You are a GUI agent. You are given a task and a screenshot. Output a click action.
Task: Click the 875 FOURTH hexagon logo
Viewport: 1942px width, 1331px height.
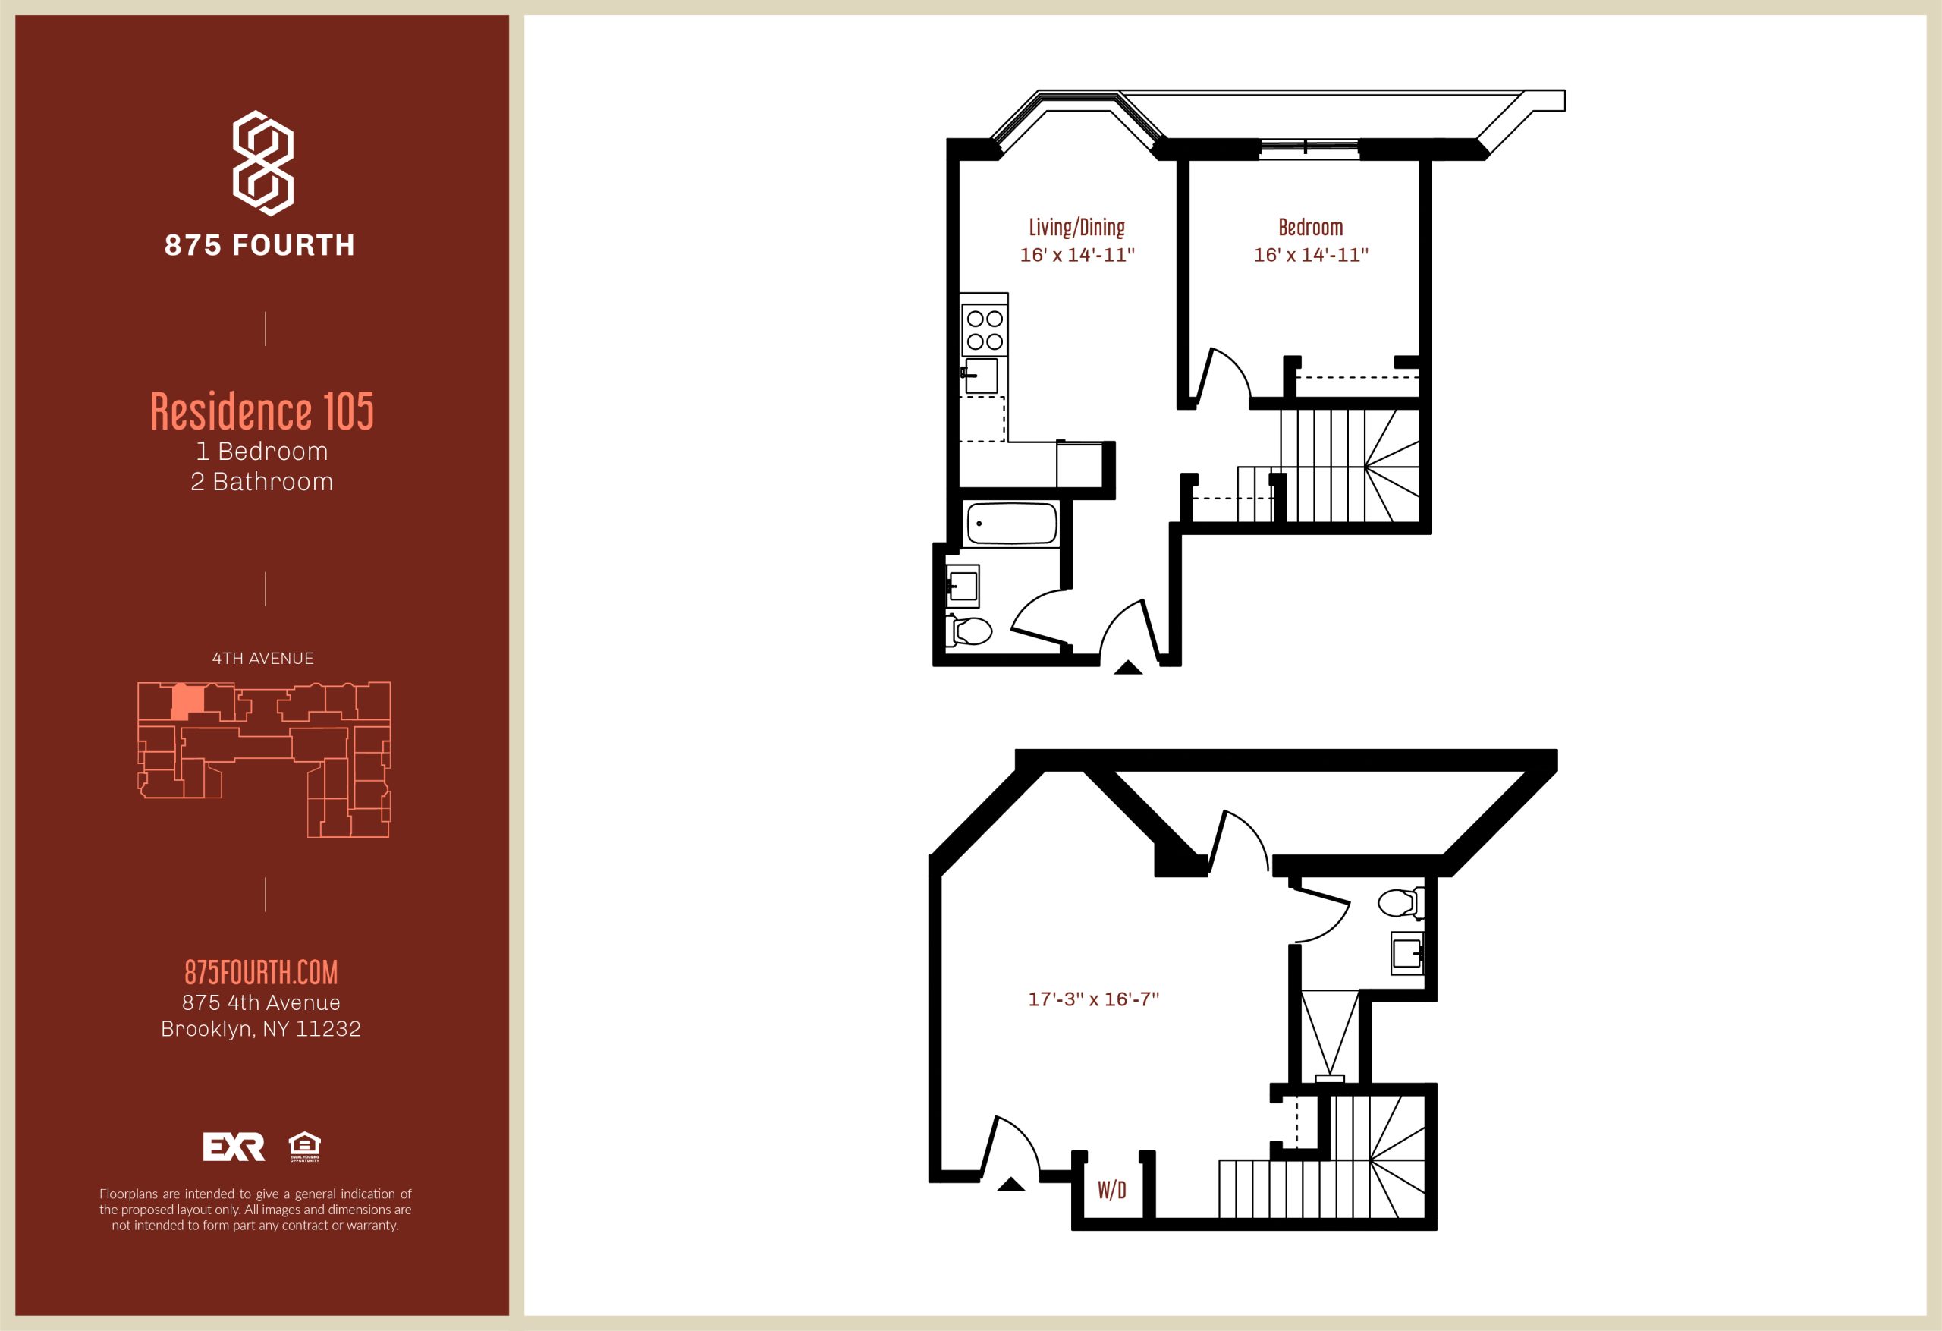[x=262, y=164]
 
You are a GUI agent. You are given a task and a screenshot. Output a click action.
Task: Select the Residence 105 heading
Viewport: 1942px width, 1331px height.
[x=262, y=411]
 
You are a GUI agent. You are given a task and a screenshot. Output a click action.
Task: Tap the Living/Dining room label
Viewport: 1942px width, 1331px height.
[x=1076, y=227]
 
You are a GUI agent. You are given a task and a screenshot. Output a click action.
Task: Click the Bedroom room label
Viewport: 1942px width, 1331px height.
[x=1310, y=227]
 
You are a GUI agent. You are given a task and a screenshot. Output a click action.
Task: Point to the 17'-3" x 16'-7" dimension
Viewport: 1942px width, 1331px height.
[x=1093, y=999]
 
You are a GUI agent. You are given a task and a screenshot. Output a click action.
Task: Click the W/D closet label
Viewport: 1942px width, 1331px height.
[x=1111, y=1190]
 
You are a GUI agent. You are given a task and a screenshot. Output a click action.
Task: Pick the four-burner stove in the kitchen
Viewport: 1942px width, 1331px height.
[x=985, y=330]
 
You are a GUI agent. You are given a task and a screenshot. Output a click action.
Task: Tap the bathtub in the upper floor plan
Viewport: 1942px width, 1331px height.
[x=1011, y=524]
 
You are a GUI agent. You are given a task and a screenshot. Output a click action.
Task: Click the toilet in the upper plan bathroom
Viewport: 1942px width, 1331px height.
[x=969, y=631]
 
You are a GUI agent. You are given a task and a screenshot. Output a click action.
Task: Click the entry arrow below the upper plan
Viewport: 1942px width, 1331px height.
[x=1128, y=667]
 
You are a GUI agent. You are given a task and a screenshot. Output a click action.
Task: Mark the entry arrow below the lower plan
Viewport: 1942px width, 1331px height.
[x=1011, y=1184]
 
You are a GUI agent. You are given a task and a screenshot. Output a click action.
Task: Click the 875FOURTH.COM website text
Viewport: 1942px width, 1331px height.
[x=261, y=971]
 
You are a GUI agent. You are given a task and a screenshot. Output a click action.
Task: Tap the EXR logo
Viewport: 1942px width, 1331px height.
[x=234, y=1147]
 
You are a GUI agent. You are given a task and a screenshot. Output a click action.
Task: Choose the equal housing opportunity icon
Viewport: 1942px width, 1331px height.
[x=304, y=1147]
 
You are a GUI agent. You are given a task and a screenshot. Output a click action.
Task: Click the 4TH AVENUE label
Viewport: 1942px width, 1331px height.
[x=262, y=659]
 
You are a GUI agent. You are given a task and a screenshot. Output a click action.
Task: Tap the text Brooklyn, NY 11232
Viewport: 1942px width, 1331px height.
[x=261, y=1028]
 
